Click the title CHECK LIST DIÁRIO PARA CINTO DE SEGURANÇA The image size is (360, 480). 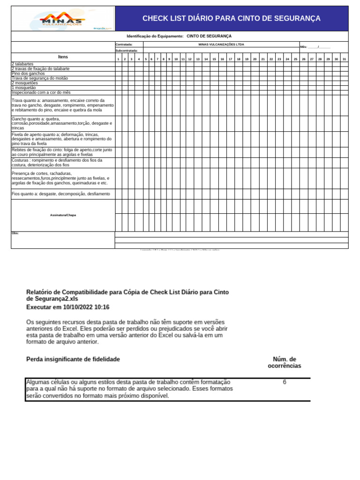[x=232, y=18]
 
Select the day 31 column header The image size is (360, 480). [x=344, y=59]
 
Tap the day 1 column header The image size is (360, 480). [x=118, y=59]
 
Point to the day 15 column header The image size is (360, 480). [x=214, y=59]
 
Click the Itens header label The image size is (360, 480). [x=63, y=57]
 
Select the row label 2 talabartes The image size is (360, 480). [x=22, y=64]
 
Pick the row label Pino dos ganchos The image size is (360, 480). [x=28, y=74]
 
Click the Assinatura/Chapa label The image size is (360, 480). [x=63, y=215]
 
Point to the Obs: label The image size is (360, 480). [x=15, y=233]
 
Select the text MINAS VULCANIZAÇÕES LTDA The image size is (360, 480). [x=221, y=45]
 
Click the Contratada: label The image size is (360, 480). [x=124, y=45]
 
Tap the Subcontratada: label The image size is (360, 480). [x=127, y=50]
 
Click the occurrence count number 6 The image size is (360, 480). [x=285, y=382]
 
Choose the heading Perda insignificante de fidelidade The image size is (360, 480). [x=73, y=359]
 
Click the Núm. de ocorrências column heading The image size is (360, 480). [x=285, y=362]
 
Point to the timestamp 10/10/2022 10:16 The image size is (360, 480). [x=87, y=307]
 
